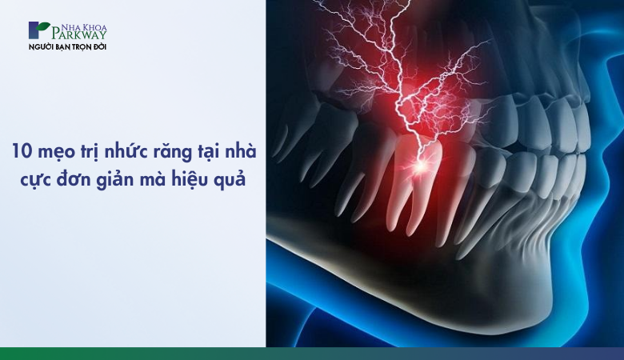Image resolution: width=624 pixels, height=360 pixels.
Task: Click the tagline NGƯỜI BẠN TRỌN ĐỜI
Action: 68,47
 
